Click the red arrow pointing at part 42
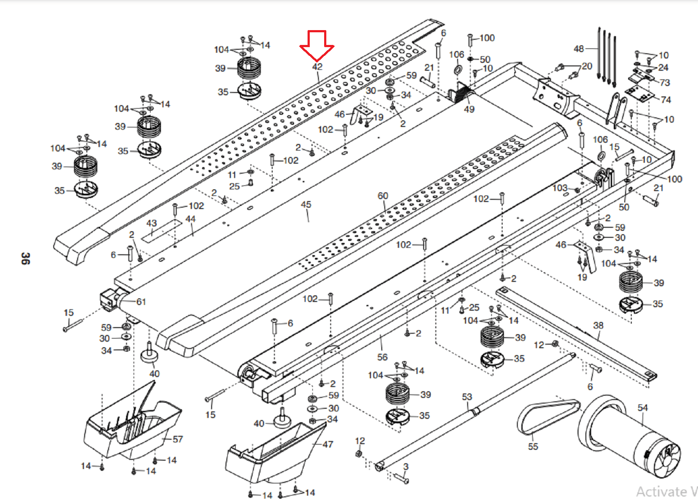317,45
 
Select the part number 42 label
317,67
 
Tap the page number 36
25,258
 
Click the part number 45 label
306,205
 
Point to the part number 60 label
383,196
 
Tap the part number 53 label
467,397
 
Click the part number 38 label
598,325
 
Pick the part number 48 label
578,49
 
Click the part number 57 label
178,439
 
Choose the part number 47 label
328,445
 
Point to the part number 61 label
141,302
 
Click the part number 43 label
151,223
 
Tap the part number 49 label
469,109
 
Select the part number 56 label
382,357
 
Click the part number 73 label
664,82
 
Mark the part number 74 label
665,100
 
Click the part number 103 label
560,188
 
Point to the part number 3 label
406,467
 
